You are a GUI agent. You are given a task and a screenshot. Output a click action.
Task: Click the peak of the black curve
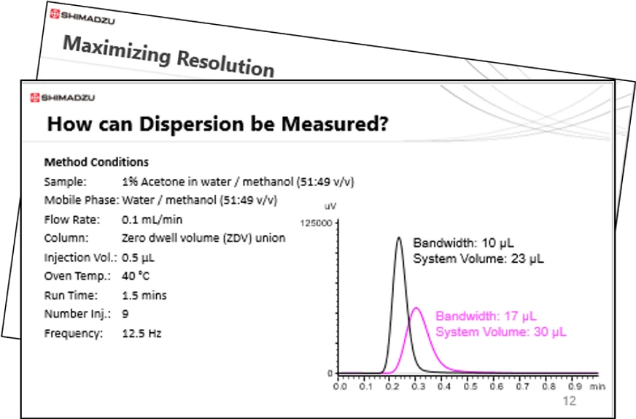(398, 237)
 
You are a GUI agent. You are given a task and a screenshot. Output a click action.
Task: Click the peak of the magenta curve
(416, 308)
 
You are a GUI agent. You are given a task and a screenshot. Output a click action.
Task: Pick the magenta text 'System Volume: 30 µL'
(500, 331)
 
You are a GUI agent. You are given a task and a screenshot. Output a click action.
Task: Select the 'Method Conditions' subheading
(96, 162)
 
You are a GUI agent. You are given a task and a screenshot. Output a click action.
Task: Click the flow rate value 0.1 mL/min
(152, 219)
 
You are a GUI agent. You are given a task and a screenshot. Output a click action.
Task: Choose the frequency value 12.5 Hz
(141, 333)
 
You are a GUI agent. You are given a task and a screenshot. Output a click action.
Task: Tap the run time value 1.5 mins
(144, 295)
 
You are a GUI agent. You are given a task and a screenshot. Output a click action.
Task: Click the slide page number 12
(569, 401)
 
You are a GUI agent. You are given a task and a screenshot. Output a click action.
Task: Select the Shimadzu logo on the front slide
(62, 98)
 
